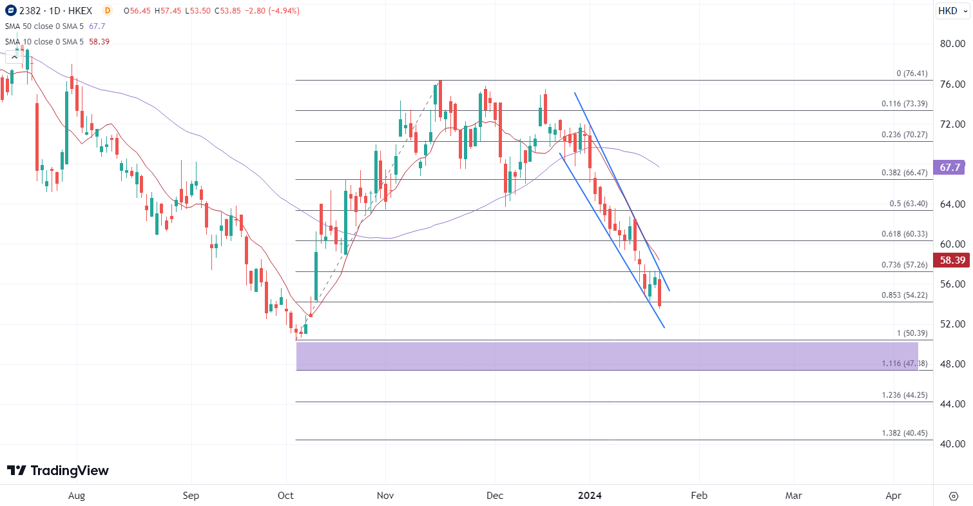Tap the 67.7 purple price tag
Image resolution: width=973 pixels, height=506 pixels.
tap(950, 168)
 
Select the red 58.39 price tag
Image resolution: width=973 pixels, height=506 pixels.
tap(952, 260)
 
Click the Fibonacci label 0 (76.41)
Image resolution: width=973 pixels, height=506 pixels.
tap(912, 73)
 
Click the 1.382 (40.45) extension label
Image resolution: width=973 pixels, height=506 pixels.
tap(905, 433)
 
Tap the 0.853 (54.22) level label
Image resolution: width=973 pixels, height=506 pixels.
tap(904, 295)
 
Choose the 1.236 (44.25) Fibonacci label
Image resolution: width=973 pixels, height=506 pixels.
tap(905, 395)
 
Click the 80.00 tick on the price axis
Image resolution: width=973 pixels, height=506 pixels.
tap(952, 44)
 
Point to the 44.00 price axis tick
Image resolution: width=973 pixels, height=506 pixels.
tap(952, 404)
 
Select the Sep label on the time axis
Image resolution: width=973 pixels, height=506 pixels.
tap(191, 496)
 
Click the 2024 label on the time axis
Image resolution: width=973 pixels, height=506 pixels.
tap(590, 496)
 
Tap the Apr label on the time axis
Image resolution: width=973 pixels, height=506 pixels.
tap(893, 496)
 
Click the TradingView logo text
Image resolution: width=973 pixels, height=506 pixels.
tap(58, 471)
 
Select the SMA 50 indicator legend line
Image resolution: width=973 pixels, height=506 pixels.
tap(54, 26)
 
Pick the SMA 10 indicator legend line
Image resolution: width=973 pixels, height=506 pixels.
tap(56, 41)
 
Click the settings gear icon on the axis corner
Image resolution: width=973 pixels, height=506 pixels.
tap(954, 496)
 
